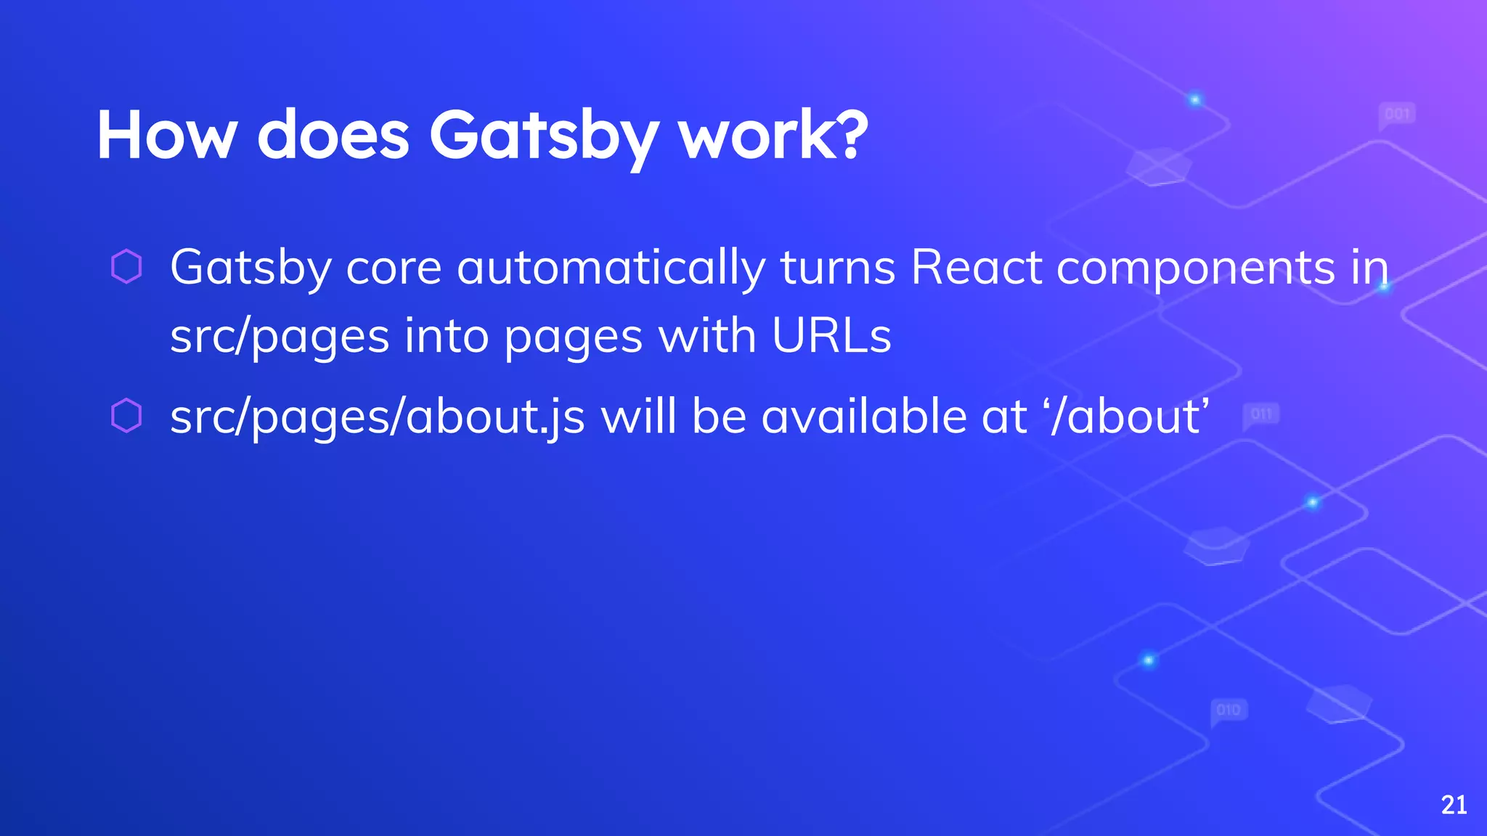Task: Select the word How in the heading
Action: pyautogui.click(x=167, y=135)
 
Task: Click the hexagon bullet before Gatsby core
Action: pyautogui.click(x=126, y=266)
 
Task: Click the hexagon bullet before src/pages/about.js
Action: pyautogui.click(x=126, y=417)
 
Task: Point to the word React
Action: pyautogui.click(x=976, y=267)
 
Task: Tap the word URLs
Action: pyautogui.click(x=831, y=336)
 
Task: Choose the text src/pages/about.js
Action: pyautogui.click(x=377, y=418)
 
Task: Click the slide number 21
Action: pyautogui.click(x=1454, y=805)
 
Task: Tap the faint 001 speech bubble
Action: pyautogui.click(x=1397, y=115)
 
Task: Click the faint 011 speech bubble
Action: pyautogui.click(x=1261, y=414)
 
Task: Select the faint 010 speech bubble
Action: pyautogui.click(x=1229, y=710)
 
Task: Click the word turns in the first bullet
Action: pyautogui.click(x=838, y=267)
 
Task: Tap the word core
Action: pyautogui.click(x=394, y=267)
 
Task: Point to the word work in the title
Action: pyautogui.click(x=752, y=135)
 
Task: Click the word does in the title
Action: pyautogui.click(x=333, y=135)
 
